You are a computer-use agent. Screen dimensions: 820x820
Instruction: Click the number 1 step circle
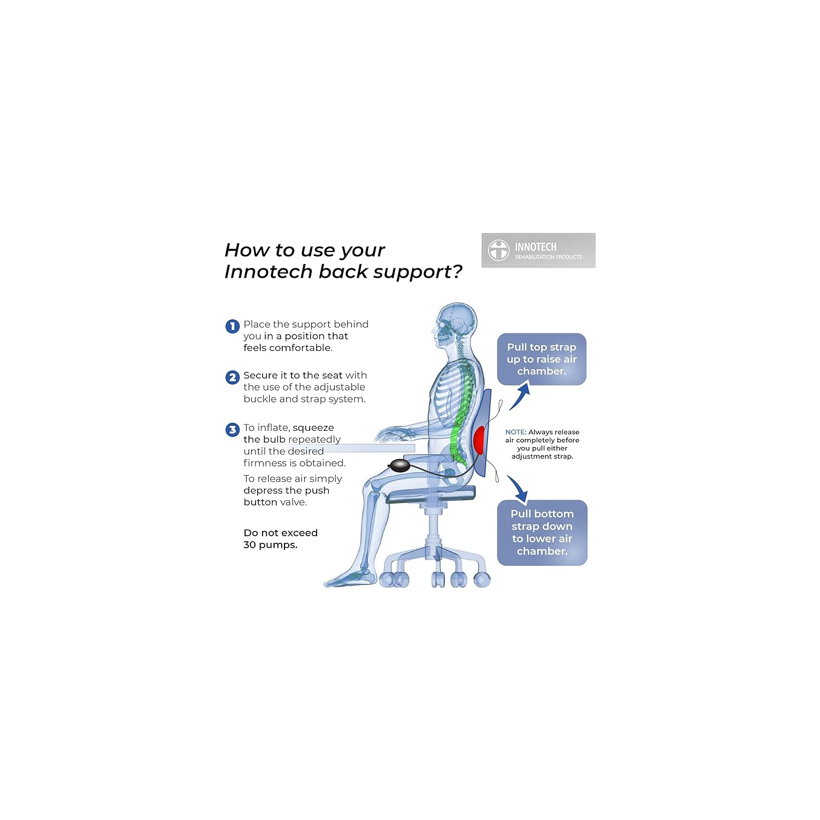232,326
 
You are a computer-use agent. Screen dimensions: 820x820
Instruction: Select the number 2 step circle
232,377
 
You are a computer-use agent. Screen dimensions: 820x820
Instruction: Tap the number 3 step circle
232,430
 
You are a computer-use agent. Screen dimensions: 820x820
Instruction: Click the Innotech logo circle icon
498,250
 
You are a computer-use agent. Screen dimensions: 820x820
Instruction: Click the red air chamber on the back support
479,440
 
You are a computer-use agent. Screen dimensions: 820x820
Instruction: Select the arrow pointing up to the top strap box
521,395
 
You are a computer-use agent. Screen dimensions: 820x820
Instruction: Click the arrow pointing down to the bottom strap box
518,488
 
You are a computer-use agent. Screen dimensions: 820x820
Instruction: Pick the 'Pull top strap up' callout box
542,359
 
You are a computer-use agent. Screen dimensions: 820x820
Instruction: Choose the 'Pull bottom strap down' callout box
542,532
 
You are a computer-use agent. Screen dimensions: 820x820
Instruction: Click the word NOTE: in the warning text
516,432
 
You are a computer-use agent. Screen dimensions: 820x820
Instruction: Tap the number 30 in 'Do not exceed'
249,545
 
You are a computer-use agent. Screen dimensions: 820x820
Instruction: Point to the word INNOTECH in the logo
536,247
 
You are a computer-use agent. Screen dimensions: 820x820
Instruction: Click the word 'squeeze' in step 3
313,428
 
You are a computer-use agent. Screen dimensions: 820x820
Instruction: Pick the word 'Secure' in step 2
260,376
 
